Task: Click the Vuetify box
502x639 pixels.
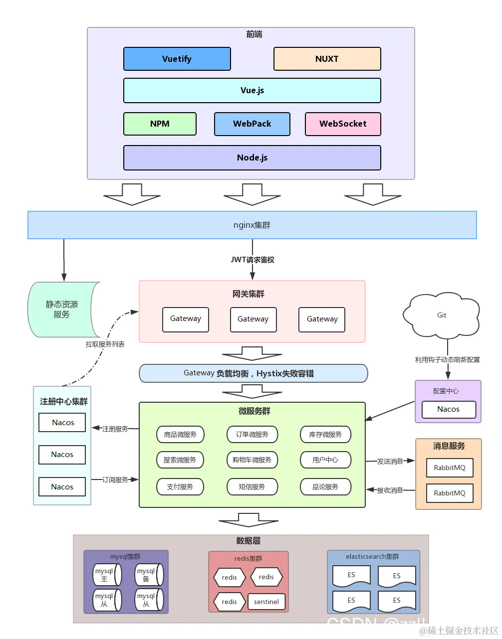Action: (177, 59)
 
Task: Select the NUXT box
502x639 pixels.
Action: (327, 59)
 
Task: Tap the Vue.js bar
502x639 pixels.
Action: (252, 90)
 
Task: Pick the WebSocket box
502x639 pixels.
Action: (343, 124)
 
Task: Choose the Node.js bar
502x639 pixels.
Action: (252, 158)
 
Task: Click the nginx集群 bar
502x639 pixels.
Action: (252, 225)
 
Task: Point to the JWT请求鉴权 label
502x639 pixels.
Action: (252, 260)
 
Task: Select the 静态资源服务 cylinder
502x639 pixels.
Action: (62, 310)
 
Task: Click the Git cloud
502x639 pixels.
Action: (442, 315)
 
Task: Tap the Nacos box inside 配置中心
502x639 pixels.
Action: (449, 409)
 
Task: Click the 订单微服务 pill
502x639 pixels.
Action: (252, 435)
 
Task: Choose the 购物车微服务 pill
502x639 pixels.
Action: (252, 460)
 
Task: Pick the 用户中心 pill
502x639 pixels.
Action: (325, 460)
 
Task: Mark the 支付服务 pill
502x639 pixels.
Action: (180, 486)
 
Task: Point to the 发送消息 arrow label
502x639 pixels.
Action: (390, 462)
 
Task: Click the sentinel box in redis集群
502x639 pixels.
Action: (266, 602)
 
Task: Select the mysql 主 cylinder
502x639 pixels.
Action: (107, 575)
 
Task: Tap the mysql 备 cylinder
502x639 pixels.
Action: (149, 575)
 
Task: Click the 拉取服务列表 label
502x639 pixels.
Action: (105, 344)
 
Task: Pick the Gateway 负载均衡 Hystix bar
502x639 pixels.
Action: (253, 373)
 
